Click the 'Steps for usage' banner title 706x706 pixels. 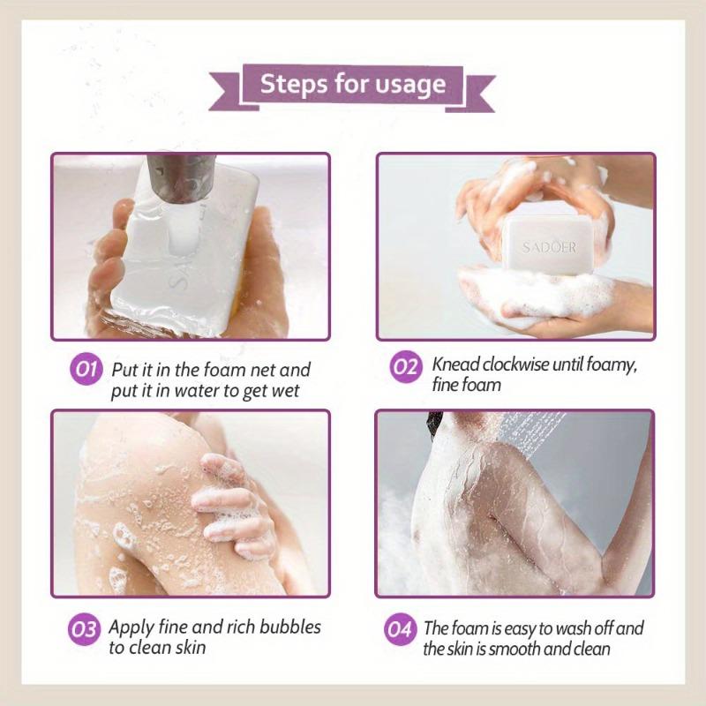[352, 86]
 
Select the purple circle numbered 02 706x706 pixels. [404, 366]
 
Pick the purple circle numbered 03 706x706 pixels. [85, 630]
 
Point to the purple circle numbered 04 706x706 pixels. [401, 630]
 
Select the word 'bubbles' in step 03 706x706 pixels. [291, 628]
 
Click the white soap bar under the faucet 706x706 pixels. [190, 252]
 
